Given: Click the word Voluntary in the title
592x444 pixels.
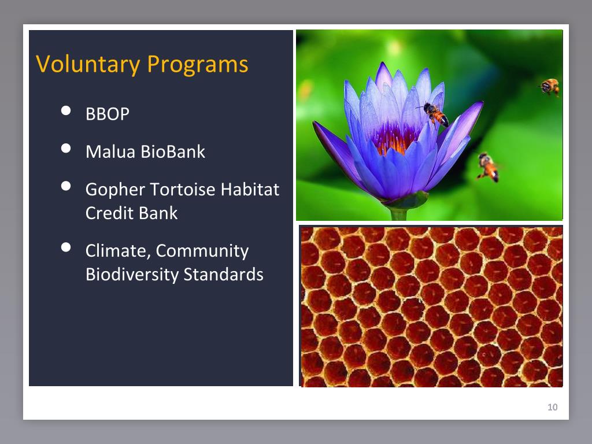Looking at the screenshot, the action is coord(88,64).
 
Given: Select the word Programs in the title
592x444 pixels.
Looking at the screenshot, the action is coord(198,65).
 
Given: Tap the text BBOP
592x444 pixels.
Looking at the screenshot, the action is coord(108,114).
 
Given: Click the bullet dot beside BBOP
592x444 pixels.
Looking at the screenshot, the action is coord(66,110).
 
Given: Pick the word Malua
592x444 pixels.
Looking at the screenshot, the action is coord(110,152).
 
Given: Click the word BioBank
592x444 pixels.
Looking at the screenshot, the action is coord(173,152).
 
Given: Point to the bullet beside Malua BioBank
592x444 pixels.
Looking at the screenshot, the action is coord(66,148).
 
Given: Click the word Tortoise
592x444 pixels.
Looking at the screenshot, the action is coord(183,189).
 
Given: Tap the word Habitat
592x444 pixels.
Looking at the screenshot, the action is coord(250,189).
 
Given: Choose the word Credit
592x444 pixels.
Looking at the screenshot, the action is coord(109,213).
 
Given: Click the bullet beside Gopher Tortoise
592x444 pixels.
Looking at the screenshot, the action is coord(66,186).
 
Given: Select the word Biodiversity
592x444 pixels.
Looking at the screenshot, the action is coord(132,275).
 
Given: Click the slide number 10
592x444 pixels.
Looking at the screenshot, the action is coord(552,407).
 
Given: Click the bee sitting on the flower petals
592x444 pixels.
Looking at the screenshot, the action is coord(435,114).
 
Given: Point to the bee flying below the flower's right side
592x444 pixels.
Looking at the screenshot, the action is coord(488,167).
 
